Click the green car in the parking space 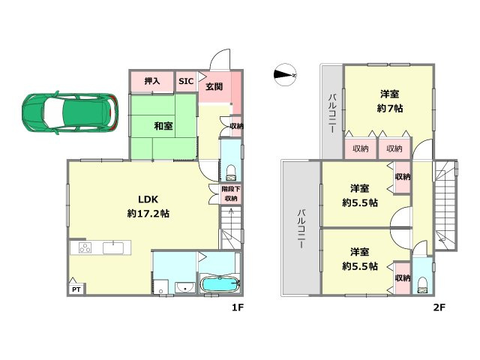pos(70,112)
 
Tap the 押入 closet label pos(152,81)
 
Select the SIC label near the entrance pos(186,81)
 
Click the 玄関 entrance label pos(214,87)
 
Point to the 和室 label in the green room pos(163,126)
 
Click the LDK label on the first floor pos(148,199)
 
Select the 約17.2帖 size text pos(148,213)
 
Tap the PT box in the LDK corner pos(76,289)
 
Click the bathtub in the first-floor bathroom pos(220,284)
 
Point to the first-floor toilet pos(231,173)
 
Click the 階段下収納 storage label pos(231,193)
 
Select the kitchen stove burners pos(85,247)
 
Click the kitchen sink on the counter pos(113,247)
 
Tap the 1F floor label pos(237,307)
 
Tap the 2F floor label pos(439,307)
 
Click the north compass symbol pos(285,75)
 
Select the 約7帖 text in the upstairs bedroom pos(390,108)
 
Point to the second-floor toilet pos(423,285)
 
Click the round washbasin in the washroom pos(185,288)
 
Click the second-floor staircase pos(445,205)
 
